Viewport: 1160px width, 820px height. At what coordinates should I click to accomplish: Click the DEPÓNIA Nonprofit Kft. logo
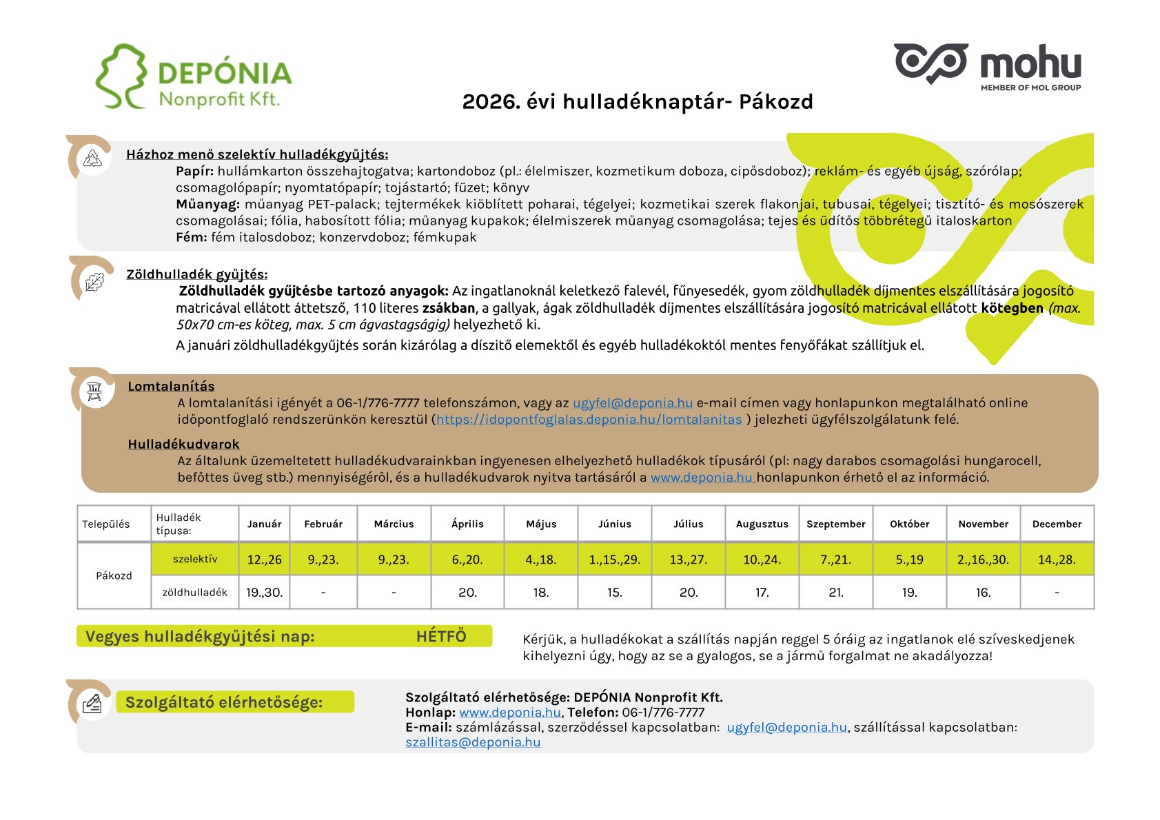point(194,77)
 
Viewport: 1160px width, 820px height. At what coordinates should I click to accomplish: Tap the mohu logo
point(987,67)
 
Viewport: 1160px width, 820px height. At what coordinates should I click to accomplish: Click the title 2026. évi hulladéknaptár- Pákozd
point(638,102)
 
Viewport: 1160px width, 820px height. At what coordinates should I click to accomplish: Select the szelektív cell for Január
point(265,560)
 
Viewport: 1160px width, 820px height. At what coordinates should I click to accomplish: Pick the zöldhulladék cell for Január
point(265,593)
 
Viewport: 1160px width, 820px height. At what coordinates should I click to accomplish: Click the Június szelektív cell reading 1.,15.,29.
point(615,560)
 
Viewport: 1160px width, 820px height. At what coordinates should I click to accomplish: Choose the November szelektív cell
point(983,560)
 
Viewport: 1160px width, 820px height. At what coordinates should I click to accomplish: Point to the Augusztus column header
point(762,524)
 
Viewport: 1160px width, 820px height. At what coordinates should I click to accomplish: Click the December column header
point(1057,524)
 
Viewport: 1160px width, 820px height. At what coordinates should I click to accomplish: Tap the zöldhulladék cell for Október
point(909,593)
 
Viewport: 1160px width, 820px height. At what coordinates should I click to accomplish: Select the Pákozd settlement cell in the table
point(114,576)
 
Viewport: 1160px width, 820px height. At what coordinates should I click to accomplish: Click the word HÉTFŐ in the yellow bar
point(441,637)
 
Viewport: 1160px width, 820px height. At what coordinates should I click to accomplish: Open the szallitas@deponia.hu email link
point(473,742)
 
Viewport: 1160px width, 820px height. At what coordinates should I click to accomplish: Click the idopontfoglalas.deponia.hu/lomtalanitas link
point(589,420)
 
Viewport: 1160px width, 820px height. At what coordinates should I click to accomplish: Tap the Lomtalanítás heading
point(171,387)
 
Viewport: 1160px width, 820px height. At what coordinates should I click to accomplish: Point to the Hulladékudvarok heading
point(183,444)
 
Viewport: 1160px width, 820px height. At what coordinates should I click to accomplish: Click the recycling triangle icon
point(93,158)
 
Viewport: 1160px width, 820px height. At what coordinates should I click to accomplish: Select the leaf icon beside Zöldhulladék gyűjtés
point(94,281)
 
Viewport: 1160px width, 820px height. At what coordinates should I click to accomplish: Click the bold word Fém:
point(191,238)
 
